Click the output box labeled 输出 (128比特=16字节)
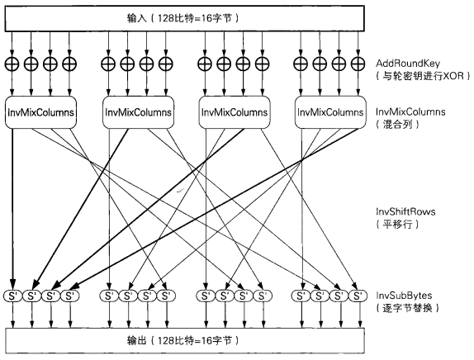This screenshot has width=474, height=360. (x=183, y=340)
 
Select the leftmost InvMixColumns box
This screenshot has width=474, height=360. (x=41, y=112)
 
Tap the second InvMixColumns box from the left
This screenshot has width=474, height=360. (x=138, y=112)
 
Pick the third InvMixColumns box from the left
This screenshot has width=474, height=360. (x=235, y=112)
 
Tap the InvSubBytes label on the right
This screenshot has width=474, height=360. (x=405, y=294)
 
